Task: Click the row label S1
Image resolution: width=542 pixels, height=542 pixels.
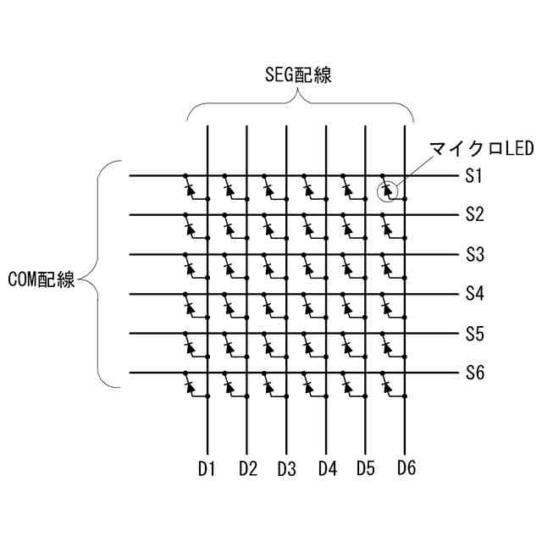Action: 474,177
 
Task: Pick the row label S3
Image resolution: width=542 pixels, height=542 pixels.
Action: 474,254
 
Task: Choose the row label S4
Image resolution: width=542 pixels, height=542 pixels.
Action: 474,294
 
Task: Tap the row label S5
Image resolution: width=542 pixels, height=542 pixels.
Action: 474,334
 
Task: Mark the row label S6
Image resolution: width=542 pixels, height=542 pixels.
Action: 474,373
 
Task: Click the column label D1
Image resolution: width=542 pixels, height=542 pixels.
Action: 207,467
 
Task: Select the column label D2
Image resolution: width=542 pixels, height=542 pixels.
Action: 247,467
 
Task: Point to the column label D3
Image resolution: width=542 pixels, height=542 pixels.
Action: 286,467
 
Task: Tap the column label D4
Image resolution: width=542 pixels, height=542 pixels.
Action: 327,467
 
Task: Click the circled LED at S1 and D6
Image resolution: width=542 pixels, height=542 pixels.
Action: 386,189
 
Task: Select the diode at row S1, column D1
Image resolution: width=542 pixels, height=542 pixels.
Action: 189,189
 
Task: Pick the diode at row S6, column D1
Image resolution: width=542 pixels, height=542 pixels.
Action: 189,386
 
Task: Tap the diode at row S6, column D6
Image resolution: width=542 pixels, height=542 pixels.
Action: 386,386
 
